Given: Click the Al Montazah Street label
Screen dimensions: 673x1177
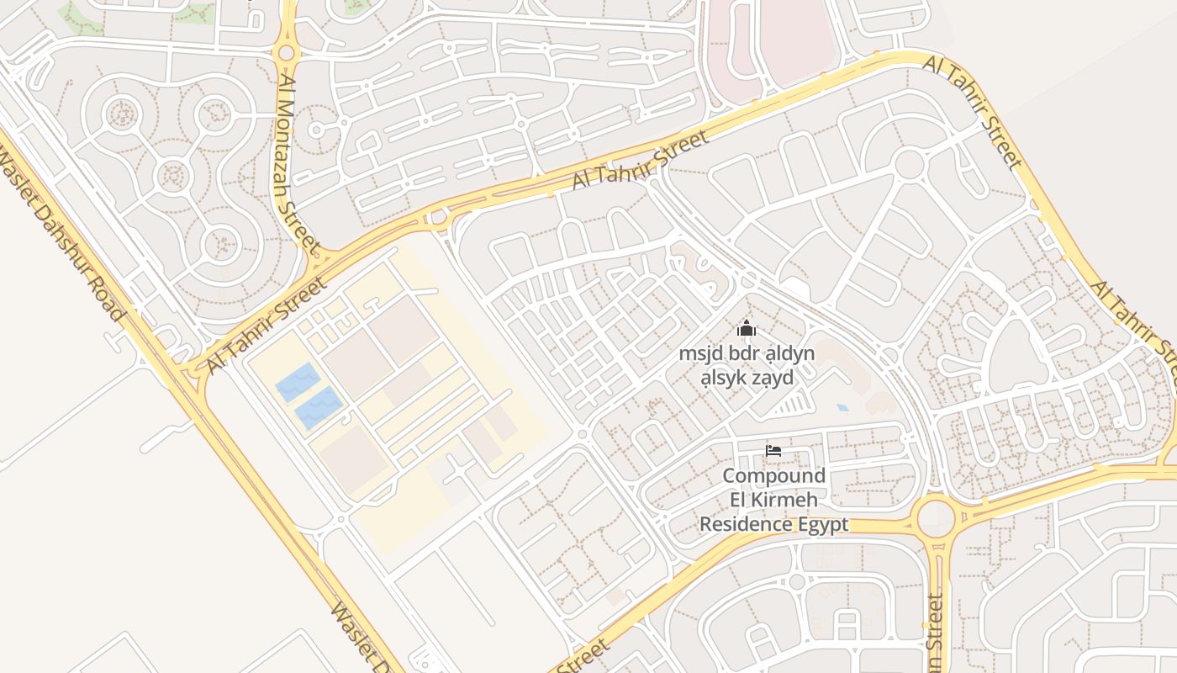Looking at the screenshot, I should (x=298, y=164).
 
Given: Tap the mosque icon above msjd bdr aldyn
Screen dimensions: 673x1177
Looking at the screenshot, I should (x=747, y=328).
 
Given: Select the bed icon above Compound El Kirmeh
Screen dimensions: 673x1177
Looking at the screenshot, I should (x=773, y=451).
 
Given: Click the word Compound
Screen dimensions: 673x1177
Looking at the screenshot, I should (x=773, y=476).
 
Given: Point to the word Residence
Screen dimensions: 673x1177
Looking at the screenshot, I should (x=746, y=525).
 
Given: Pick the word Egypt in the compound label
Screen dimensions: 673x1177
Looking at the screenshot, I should (x=823, y=525).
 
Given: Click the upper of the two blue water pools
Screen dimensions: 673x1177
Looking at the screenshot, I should (x=298, y=382).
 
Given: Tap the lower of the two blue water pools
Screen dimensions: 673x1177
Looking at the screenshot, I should (x=318, y=408).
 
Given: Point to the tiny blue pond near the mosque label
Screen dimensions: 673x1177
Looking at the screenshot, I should (x=842, y=408).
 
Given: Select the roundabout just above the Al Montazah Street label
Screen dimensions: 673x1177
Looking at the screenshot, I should (x=287, y=53).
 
